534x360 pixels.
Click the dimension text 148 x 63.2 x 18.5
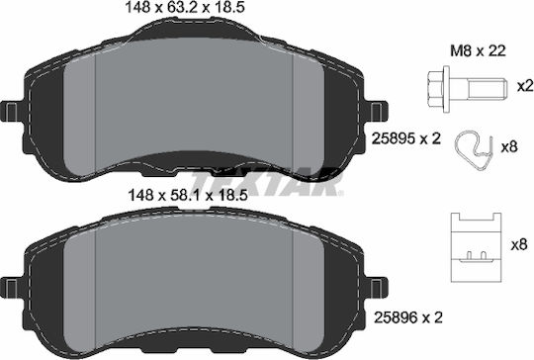click(x=185, y=8)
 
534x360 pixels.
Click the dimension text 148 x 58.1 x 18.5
click(x=187, y=196)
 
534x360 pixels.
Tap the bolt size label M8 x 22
click(x=479, y=51)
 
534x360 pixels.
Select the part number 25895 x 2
click(x=406, y=138)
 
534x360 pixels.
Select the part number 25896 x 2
click(x=408, y=317)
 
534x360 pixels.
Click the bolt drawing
click(x=467, y=89)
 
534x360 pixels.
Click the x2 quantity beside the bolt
click(x=524, y=86)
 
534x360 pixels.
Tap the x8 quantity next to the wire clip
click(x=509, y=147)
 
